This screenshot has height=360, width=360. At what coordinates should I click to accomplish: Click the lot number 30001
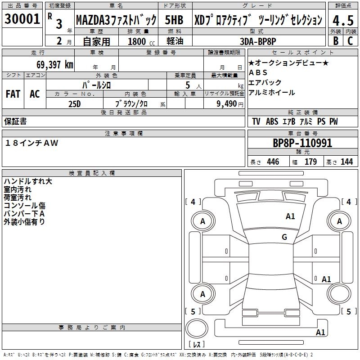[x=22, y=18]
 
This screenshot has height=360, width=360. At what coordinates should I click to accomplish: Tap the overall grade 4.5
[x=343, y=20]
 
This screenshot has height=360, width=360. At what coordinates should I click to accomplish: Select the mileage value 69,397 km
[x=55, y=65]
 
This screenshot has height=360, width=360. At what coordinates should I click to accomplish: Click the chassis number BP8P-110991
[x=302, y=143]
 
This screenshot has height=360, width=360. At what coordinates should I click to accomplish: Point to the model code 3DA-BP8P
[x=258, y=41]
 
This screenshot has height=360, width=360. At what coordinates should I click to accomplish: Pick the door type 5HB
[x=174, y=20]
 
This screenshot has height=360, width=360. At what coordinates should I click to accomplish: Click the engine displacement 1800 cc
[x=141, y=41]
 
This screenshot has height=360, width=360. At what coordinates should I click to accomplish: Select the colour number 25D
[x=75, y=104]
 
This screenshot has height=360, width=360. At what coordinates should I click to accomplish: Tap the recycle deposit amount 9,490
[x=227, y=104]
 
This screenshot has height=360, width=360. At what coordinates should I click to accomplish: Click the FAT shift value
[x=13, y=94]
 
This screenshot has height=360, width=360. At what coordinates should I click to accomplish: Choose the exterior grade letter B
[x=336, y=41]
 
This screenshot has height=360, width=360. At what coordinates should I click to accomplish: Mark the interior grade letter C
[x=350, y=41]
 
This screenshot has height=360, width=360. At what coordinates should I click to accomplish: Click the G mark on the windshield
[x=284, y=237]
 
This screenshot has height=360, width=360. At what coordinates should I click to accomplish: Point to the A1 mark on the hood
[x=290, y=216]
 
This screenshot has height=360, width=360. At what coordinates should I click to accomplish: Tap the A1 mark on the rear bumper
[x=320, y=332]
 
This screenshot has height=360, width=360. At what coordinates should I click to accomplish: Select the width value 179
[x=310, y=162]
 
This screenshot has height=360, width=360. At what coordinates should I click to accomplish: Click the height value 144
[x=346, y=162]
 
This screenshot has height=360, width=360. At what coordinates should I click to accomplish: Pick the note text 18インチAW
[x=31, y=143]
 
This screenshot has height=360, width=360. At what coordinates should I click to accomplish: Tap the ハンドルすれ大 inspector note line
[x=28, y=181]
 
